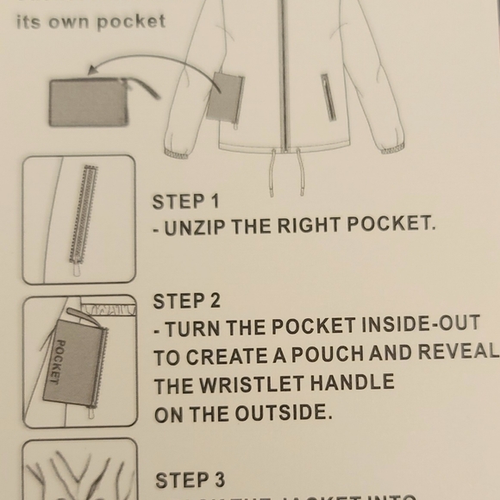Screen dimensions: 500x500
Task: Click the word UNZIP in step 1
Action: pyautogui.click(x=196, y=227)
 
